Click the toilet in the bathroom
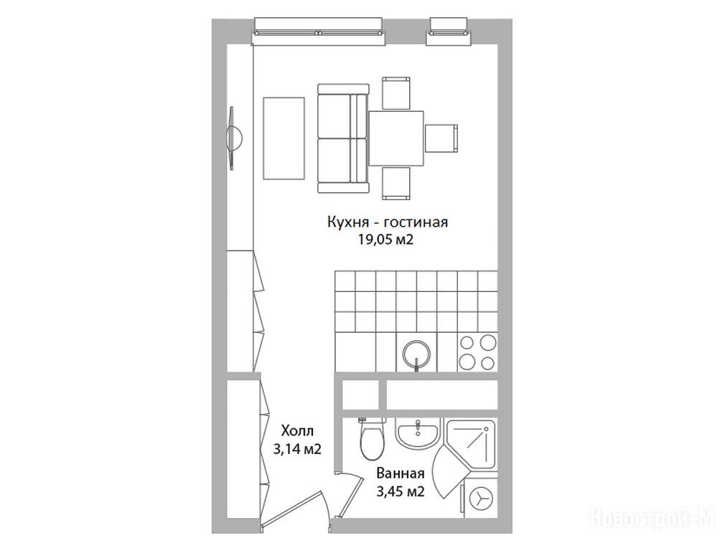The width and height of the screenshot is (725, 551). pos(373,438)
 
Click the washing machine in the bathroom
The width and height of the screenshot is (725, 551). pos(480,499)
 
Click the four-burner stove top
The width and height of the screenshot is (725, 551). pos(477,352)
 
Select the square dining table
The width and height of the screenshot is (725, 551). pos(396,138)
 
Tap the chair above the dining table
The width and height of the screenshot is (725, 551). pos(396,93)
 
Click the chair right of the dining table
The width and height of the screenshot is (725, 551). pos(441,138)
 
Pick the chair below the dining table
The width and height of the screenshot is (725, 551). pos(396,184)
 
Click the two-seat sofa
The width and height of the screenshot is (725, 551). pos(343,138)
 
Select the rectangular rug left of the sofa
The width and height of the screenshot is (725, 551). pos(284,138)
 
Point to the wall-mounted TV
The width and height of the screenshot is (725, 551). pos(234,138)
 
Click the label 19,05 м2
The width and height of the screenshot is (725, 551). pos(385,240)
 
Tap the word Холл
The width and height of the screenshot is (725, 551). pos(297,431)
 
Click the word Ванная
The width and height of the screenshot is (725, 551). pos(401,474)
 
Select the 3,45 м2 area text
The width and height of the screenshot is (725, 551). pos(401,491)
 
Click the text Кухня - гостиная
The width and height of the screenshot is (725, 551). pos(388,222)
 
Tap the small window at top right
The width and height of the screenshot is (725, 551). pos(449,32)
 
